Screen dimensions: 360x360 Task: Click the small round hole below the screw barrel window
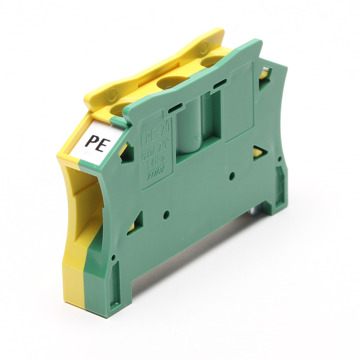click(232, 175)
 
